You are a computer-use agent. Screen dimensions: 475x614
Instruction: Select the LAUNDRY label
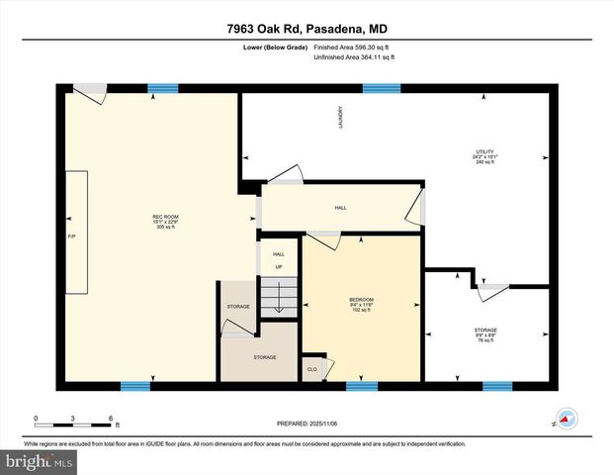pyautogui.click(x=339, y=116)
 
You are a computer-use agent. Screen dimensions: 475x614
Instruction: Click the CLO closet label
pyautogui.click(x=311, y=370)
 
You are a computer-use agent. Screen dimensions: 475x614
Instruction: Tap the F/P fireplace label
pyautogui.click(x=71, y=237)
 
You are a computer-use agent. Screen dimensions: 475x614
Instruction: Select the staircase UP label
pyautogui.click(x=279, y=267)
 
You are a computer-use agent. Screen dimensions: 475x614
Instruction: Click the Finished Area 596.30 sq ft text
pyautogui.click(x=354, y=47)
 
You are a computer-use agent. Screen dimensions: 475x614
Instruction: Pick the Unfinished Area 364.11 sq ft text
pyautogui.click(x=354, y=58)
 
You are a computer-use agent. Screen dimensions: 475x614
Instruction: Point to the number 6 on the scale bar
pyautogui.click(x=111, y=419)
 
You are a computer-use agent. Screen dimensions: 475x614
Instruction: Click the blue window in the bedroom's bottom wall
pyautogui.click(x=362, y=385)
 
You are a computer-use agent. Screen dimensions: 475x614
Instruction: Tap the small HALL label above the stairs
pyautogui.click(x=279, y=254)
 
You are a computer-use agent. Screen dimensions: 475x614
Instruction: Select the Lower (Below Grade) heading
pyautogui.click(x=274, y=47)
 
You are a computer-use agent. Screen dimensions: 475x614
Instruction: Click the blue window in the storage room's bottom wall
pyautogui.click(x=496, y=385)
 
